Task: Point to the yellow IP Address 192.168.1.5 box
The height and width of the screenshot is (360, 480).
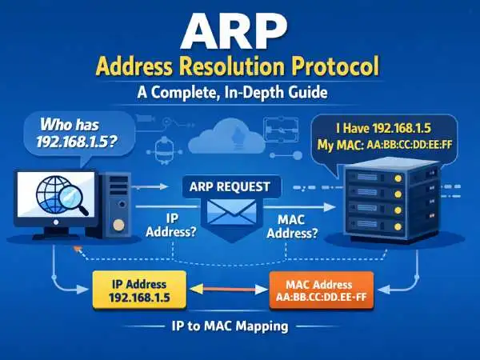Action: tap(138, 290)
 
